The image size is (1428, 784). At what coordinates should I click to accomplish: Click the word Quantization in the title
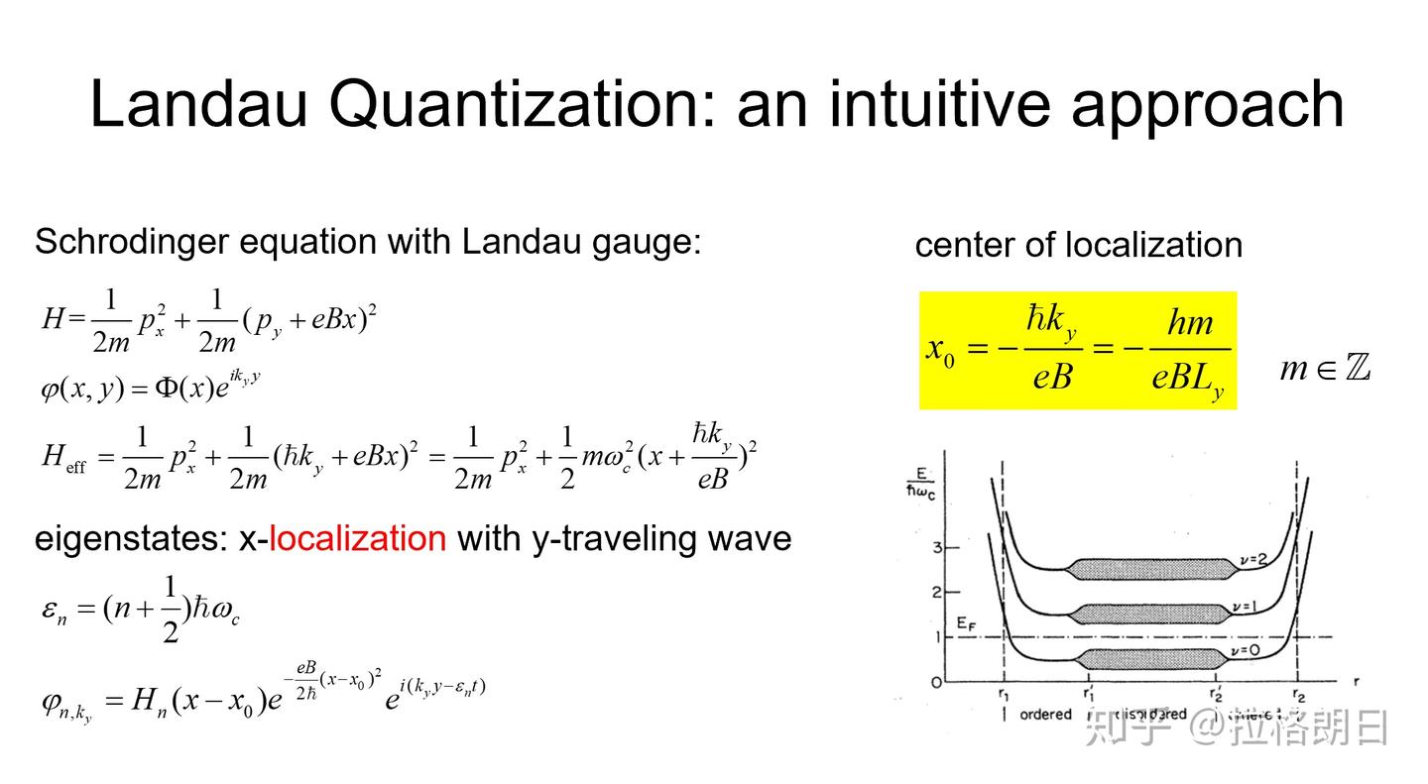coord(519,104)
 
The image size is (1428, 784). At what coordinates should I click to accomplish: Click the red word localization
coord(357,538)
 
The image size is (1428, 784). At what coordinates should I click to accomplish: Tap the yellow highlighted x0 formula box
coord(1077,350)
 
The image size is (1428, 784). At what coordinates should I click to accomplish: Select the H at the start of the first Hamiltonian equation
coord(52,319)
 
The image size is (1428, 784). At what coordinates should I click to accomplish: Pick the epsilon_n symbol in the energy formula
coord(54,610)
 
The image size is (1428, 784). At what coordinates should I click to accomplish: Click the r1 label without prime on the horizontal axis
coord(1004,695)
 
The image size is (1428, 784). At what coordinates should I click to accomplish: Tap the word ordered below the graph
coord(1045,715)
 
